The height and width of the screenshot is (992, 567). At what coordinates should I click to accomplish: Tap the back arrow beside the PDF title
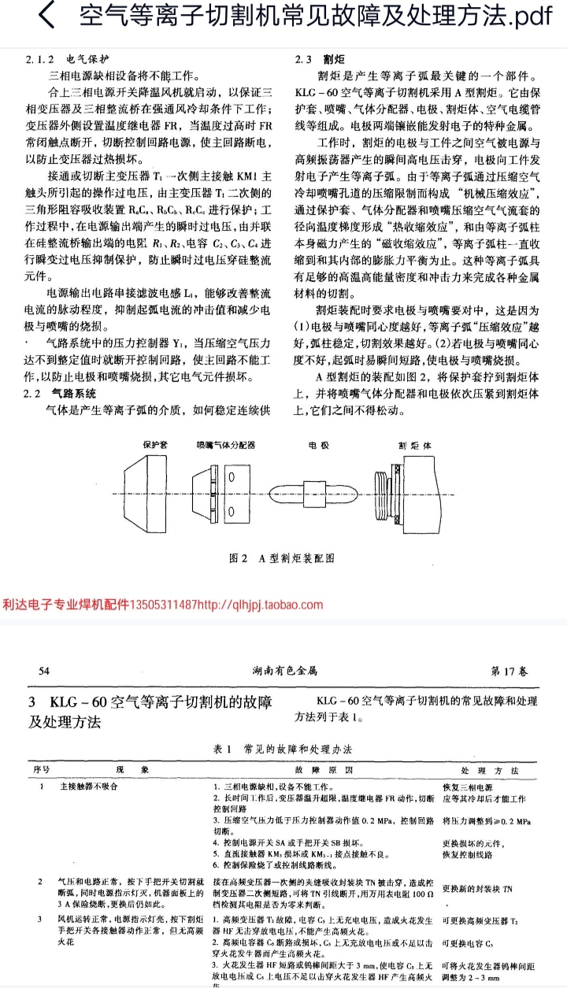(x=47, y=17)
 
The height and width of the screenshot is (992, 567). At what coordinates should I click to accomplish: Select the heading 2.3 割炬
(x=315, y=58)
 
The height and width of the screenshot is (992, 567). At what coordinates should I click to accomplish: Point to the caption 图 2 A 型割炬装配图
(x=281, y=557)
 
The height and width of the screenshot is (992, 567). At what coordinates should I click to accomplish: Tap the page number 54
(x=44, y=671)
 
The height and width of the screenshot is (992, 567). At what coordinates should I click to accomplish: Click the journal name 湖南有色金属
(x=284, y=671)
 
